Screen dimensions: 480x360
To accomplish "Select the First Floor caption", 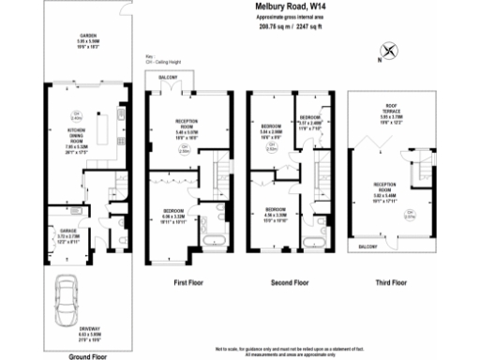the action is pyautogui.click(x=190, y=281).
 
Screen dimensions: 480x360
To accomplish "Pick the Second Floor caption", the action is pyautogui.click(x=290, y=281).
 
